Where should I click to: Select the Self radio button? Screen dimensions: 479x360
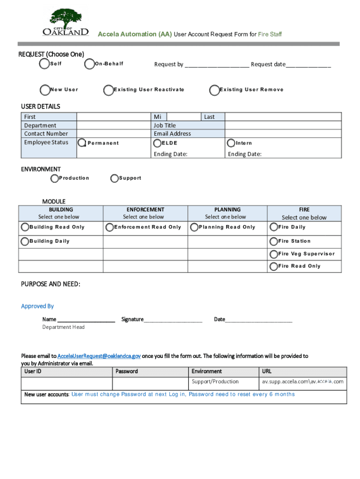click(43, 64)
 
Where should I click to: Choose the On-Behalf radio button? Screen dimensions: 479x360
click(89, 64)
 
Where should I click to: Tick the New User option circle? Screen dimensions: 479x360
click(45, 90)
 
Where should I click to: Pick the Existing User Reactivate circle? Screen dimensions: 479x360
click(108, 90)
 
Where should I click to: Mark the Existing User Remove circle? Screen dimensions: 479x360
click(215, 90)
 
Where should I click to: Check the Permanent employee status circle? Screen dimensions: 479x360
click(82, 143)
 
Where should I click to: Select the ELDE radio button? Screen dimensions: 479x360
click(158, 143)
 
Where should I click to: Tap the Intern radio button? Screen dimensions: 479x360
click(231, 143)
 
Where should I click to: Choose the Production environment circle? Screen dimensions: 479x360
click(55, 178)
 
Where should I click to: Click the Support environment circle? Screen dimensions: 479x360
click(115, 178)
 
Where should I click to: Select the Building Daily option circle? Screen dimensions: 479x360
click(24, 241)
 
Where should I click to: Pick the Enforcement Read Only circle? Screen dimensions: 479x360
click(109, 227)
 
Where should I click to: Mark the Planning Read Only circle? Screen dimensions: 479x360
click(194, 227)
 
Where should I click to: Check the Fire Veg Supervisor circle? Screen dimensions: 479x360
click(273, 254)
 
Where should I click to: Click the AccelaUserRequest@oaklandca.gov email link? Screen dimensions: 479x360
click(99, 356)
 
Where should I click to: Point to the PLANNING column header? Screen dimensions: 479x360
click(227, 210)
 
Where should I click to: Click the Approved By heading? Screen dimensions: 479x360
click(37, 306)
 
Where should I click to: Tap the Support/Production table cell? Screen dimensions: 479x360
click(215, 382)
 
